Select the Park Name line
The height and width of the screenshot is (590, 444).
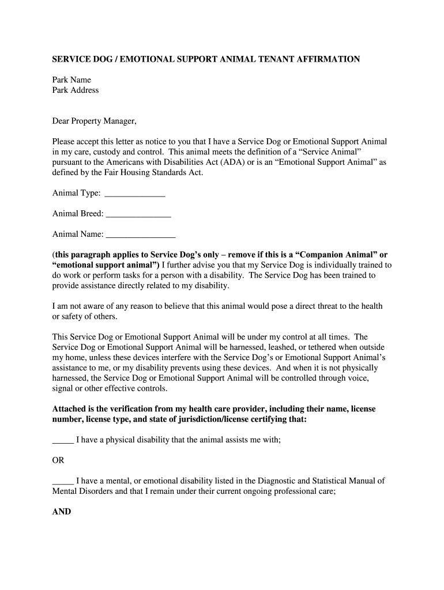pos(72,80)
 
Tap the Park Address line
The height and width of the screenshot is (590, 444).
pos(76,90)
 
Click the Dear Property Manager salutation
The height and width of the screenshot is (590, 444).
pos(95,122)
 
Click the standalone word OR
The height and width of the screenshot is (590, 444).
pos(58,460)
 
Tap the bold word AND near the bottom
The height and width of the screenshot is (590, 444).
pos(62,511)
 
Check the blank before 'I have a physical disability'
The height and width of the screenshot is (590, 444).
pos(62,440)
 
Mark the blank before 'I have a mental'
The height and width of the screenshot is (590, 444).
pos(62,481)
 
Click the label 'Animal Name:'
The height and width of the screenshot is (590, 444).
pos(78,235)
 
